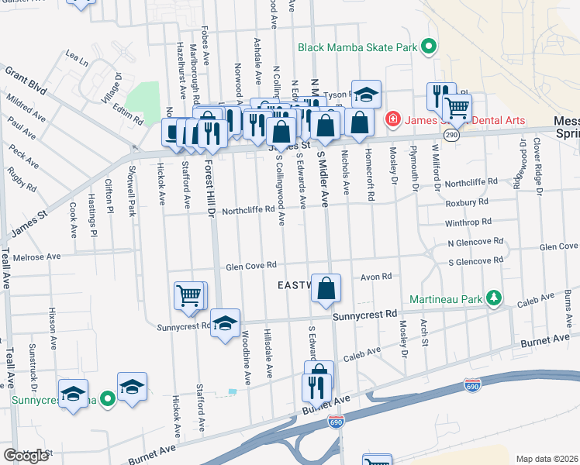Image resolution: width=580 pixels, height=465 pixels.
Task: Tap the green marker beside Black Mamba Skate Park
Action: coord(427,46)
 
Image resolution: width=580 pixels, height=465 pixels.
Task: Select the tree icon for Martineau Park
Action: coord(492,298)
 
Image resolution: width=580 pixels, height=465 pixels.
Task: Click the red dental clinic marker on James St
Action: coord(392,120)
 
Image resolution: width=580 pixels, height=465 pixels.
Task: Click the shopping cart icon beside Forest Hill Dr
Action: coord(189,294)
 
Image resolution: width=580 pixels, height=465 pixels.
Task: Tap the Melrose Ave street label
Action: coord(31,257)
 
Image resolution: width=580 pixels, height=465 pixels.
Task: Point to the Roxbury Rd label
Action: coord(467,201)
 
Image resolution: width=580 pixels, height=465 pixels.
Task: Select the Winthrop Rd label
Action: coord(468,221)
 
